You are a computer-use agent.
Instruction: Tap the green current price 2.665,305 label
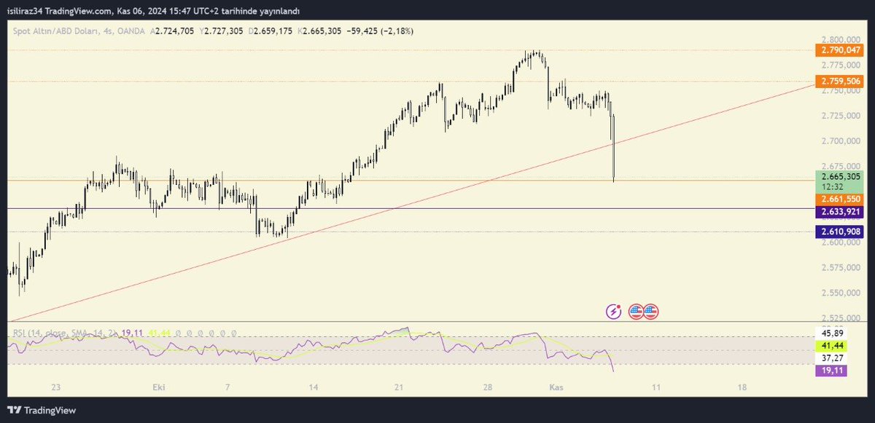(x=841, y=176)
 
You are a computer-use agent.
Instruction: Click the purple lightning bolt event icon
(x=614, y=312)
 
